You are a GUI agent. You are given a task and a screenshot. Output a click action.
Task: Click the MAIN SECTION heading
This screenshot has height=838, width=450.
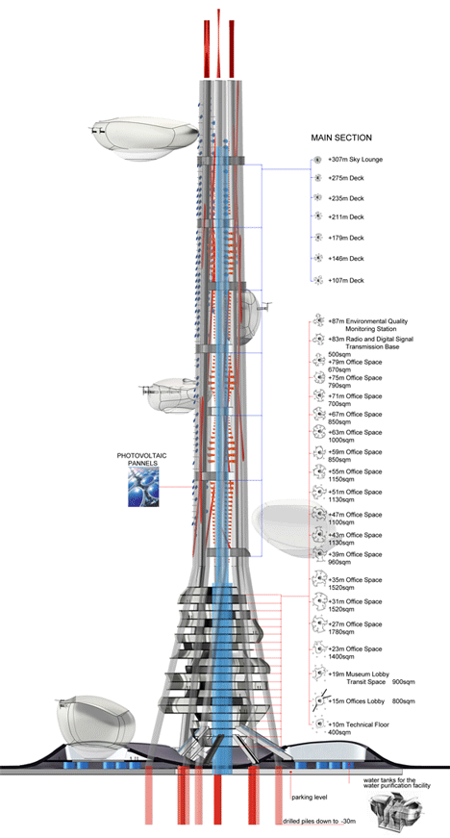point(341,138)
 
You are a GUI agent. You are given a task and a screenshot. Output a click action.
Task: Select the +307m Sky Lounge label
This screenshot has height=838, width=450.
point(356,160)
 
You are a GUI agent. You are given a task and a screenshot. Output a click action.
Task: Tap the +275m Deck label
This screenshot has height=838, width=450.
point(346,178)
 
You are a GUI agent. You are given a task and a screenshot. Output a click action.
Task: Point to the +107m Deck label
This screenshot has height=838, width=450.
point(346,280)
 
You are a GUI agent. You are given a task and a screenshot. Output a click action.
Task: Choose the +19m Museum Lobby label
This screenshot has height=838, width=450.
point(355,674)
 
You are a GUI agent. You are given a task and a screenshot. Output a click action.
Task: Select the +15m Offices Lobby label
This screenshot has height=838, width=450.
point(355,701)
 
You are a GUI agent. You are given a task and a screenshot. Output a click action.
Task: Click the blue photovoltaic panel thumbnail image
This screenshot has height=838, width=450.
point(143,487)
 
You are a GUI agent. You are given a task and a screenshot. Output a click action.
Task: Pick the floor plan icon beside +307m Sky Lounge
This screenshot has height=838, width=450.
point(316,160)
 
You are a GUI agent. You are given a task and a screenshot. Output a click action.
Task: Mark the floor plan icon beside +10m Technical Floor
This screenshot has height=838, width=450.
point(319,724)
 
